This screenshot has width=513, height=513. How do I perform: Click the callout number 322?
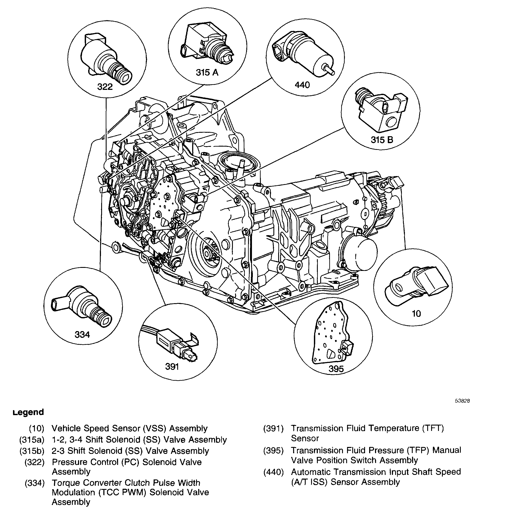click(x=105, y=87)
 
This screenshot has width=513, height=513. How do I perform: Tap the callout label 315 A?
click(x=207, y=72)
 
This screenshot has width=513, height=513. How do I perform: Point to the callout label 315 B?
click(x=382, y=140)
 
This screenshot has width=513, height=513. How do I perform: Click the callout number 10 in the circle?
click(x=416, y=314)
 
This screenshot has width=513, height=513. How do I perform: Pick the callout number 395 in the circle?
click(x=336, y=369)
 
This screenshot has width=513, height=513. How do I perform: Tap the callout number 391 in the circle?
click(x=172, y=367)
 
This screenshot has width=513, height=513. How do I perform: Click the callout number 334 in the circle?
click(x=82, y=335)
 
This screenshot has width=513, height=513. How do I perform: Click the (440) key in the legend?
click(x=273, y=472)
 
